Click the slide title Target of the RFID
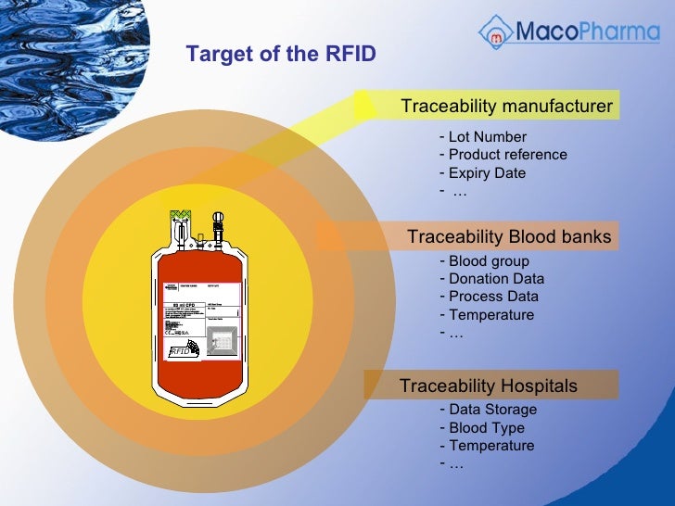coord(281,54)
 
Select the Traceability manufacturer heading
coord(506,107)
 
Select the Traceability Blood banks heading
coord(509,237)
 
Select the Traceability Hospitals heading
coord(489,386)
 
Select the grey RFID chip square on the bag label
coord(220,342)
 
